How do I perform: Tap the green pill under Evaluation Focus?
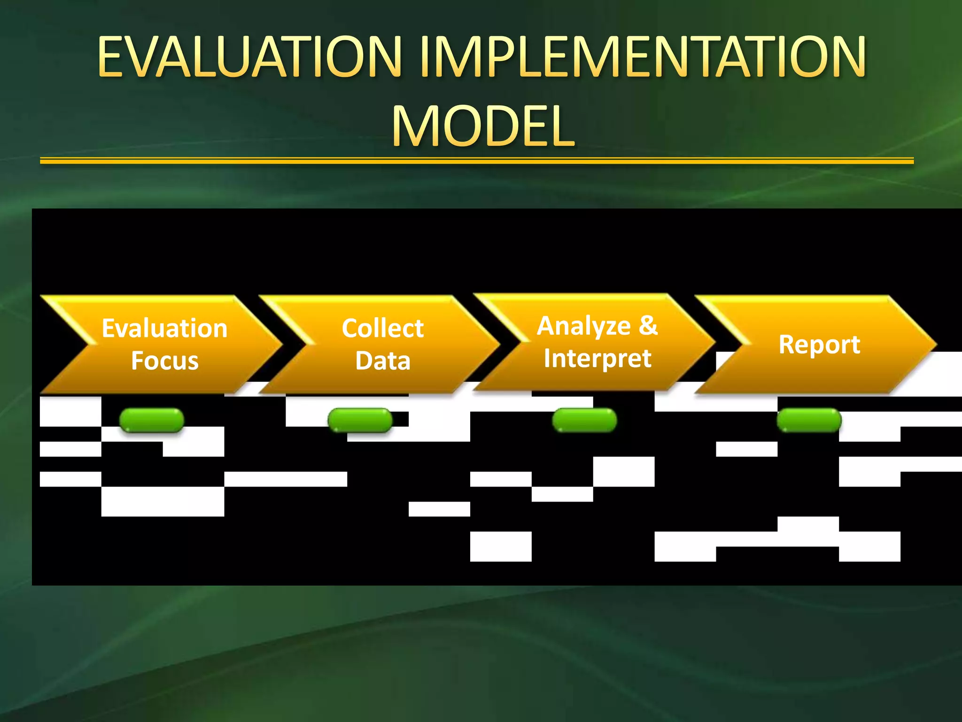[152, 420]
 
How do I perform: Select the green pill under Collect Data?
[360, 420]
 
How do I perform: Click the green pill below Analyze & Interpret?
[584, 420]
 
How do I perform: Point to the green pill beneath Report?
[809, 420]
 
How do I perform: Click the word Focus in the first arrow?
[165, 361]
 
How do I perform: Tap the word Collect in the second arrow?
[382, 328]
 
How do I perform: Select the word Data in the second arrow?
[382, 361]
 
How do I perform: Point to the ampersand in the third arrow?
[648, 325]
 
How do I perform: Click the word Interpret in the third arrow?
[597, 359]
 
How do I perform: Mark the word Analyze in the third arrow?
[583, 326]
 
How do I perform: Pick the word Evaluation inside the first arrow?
[165, 328]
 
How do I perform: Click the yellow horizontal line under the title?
[476, 161]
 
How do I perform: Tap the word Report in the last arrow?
[819, 345]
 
